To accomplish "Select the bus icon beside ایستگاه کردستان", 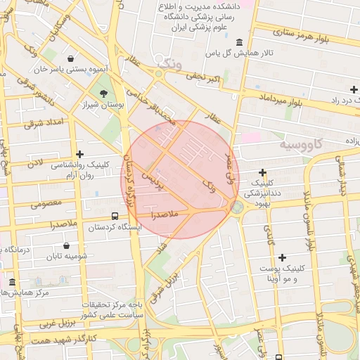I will pos(115,217).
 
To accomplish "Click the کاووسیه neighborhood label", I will pos(302,144).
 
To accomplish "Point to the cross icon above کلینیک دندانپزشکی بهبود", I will pos(262,172).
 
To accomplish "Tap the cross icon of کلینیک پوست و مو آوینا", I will pos(282,258).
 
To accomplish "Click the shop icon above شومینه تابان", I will pos(66,246).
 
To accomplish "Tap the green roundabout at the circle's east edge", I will pos(237,207).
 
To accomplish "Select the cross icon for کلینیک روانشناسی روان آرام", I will pos(79,154).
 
